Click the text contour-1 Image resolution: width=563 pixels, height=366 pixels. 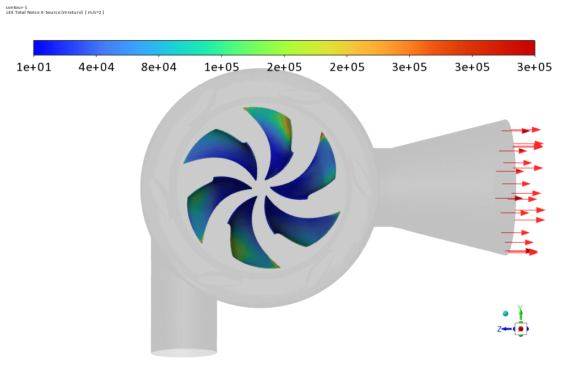coord(17,7)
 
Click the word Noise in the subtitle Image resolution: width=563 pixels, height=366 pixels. coord(34,12)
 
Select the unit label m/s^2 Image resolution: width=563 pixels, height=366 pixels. coord(95,12)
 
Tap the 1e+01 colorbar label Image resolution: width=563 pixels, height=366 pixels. coord(34,67)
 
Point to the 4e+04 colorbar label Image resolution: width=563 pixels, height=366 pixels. coord(96,67)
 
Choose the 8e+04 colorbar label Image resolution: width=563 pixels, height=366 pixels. coord(159,67)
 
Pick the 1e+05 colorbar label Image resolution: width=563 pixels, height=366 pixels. coord(221,67)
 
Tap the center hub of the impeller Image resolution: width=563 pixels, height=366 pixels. coord(261,187)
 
